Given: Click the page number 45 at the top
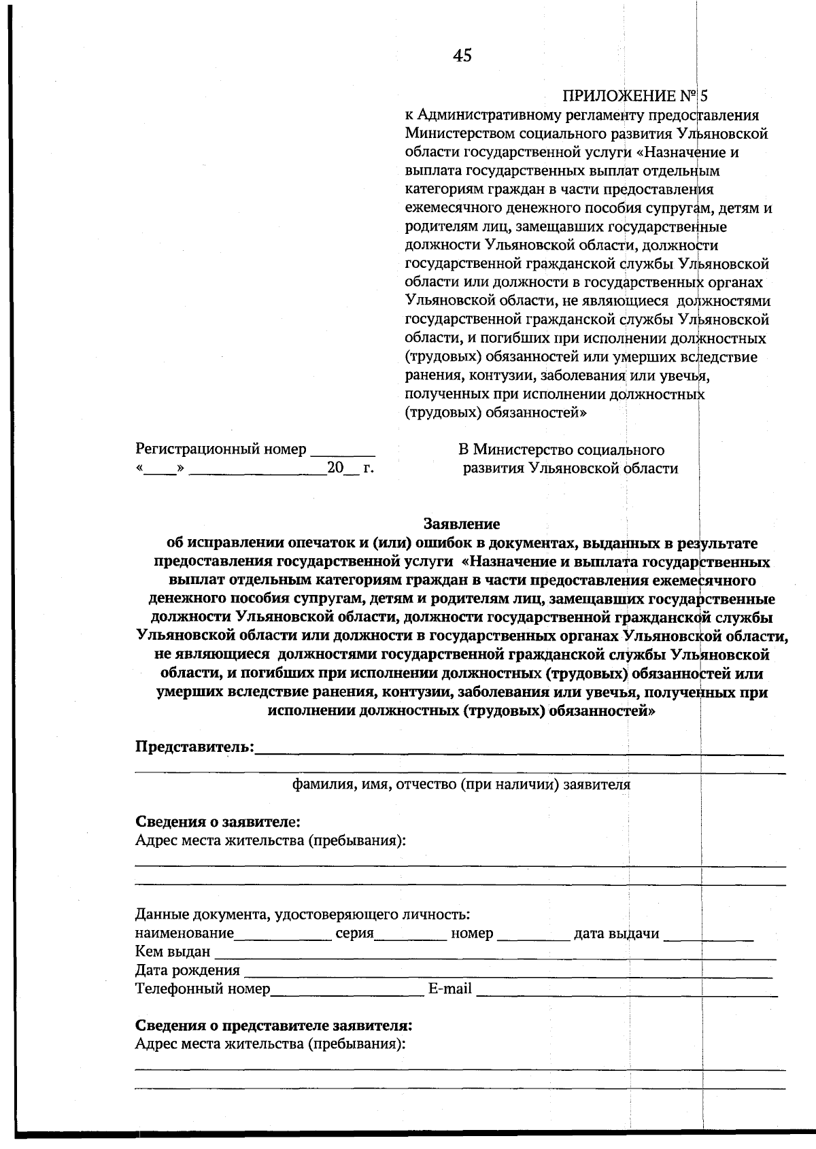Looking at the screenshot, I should (x=462, y=56).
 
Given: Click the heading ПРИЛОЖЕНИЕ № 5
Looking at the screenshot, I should (x=635, y=96).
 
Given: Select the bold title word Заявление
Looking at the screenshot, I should (x=462, y=524).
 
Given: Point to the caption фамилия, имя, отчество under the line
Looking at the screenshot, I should (x=461, y=785).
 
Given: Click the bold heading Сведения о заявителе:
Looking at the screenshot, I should (x=218, y=822).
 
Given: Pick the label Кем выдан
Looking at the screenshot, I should (x=173, y=952).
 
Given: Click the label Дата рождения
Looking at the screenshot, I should (x=187, y=970).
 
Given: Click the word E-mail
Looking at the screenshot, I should (x=449, y=989).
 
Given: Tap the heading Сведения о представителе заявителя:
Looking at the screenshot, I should (x=273, y=1025).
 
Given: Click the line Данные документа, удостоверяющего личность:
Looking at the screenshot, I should (x=303, y=915).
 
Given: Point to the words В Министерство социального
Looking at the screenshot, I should (x=561, y=450).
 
